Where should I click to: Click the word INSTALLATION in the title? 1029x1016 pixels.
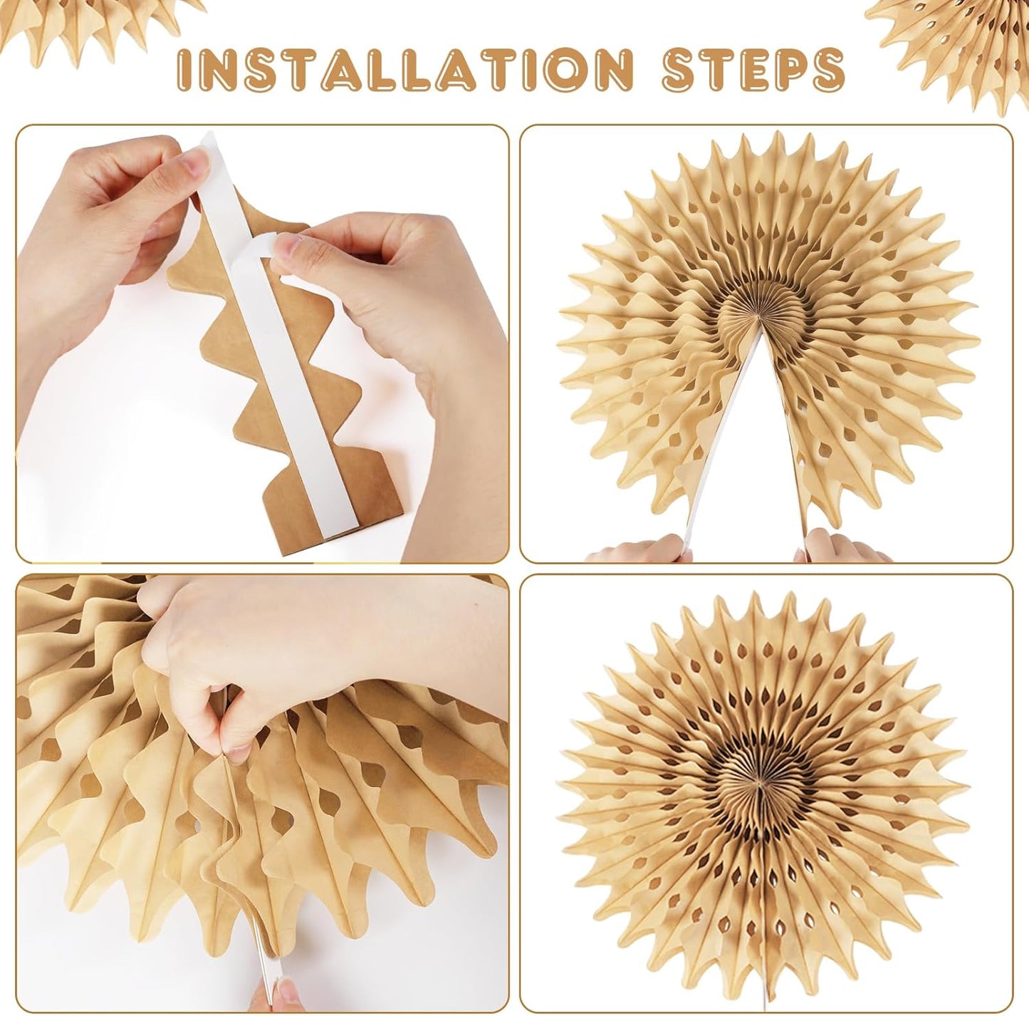[x=404, y=69]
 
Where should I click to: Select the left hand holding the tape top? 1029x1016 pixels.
[x=107, y=214]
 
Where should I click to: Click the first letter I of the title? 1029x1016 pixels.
[x=182, y=69]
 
